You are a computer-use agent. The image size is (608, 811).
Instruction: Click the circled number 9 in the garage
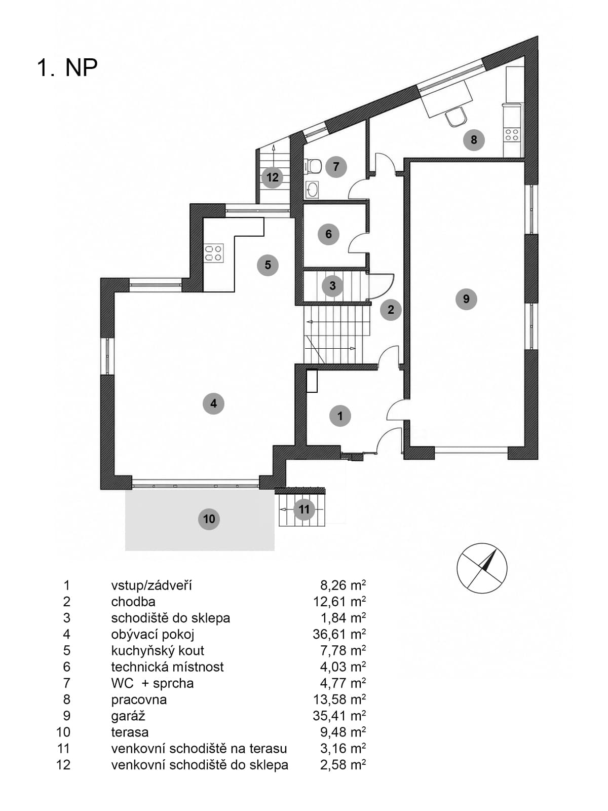466,299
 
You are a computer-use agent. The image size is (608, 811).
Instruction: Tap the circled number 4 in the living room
213,403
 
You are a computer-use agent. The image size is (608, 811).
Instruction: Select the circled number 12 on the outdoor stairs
272,177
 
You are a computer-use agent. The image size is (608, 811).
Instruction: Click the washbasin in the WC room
312,190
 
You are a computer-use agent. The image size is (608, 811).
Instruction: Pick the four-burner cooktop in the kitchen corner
214,253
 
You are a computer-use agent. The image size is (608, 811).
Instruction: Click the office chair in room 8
456,117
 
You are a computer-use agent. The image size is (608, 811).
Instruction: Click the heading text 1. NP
67,67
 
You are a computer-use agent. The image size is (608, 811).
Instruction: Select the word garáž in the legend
128,716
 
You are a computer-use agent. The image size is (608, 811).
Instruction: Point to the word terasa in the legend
130,732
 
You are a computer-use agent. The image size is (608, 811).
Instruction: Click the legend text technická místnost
167,667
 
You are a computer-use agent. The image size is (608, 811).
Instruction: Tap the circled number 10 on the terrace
209,519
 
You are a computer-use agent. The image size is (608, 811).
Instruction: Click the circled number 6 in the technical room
328,234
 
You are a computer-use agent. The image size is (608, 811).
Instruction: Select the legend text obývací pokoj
153,635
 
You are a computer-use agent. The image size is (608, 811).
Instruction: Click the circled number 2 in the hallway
391,309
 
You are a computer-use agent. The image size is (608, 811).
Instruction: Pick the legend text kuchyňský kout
157,651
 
